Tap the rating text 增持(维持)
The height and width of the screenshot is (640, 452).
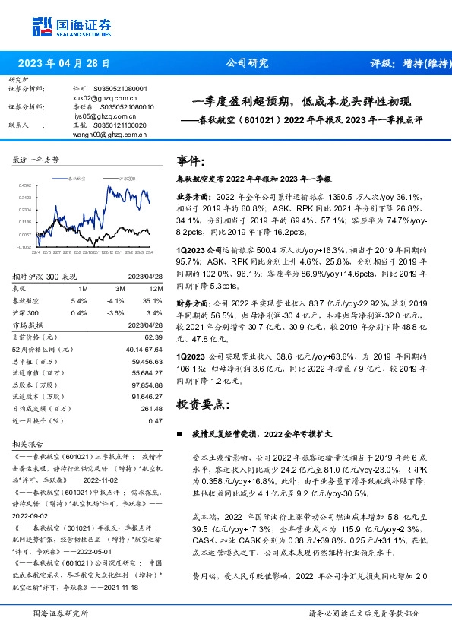[416, 64]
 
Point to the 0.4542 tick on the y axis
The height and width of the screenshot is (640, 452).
[24, 185]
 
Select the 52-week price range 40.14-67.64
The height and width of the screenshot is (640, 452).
[144, 349]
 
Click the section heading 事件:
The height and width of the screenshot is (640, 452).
[190, 161]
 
